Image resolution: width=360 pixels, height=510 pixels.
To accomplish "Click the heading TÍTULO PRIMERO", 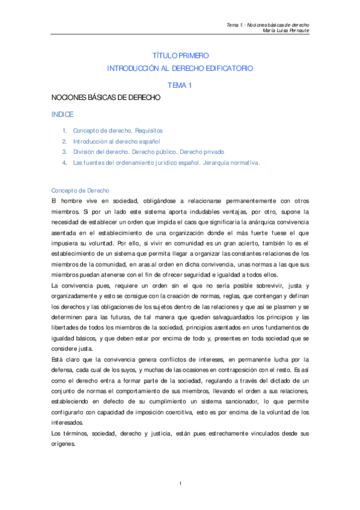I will tap(180, 56).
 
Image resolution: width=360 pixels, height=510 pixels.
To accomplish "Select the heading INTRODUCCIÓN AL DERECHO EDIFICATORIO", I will tap(180, 69).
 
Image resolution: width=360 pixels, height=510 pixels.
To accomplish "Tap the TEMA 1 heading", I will tap(180, 85).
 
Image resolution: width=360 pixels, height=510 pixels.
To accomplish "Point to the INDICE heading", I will tap(63, 114).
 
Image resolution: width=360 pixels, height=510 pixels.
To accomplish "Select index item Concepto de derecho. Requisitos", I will tap(118, 131).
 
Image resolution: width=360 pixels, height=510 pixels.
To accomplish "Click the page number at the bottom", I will tap(180, 484).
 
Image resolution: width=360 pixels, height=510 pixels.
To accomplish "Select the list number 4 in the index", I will tap(64, 163).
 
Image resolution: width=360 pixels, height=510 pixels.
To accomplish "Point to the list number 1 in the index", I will tap(64, 131).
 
